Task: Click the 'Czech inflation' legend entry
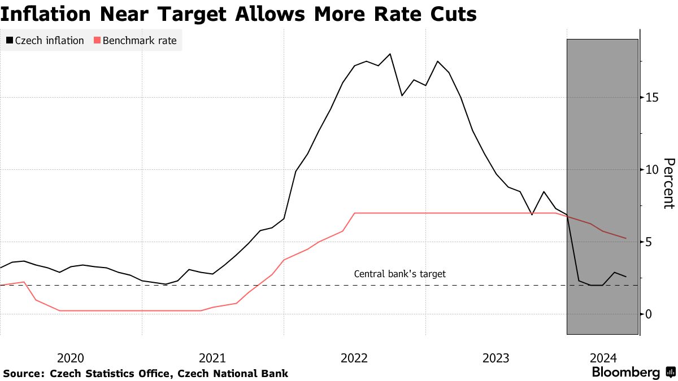[x=45, y=41]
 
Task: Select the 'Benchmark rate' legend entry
[x=135, y=41]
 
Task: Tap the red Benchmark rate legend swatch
[x=97, y=41]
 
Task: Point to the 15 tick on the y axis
[x=651, y=98]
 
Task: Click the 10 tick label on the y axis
[x=651, y=170]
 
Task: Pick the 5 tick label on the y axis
[x=649, y=242]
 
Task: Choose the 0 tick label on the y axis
[x=649, y=314]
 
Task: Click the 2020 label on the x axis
[x=71, y=358]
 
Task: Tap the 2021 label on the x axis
[x=212, y=358]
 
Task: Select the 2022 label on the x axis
[x=354, y=358]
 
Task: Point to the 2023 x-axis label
[x=496, y=358]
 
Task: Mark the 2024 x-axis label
[x=602, y=358]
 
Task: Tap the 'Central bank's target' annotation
[x=399, y=274]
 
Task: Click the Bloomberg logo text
[x=625, y=373]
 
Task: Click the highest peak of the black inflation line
[x=390, y=54]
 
